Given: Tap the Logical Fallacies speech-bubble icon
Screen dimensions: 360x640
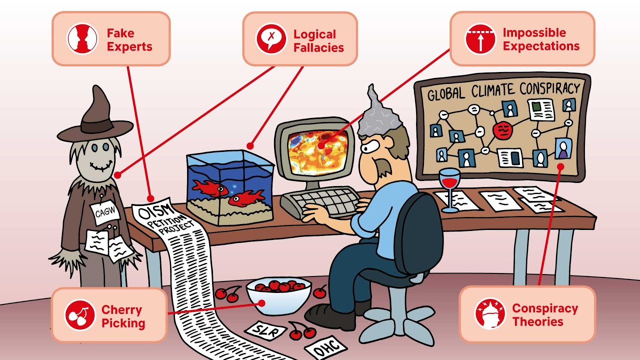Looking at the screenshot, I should [x=271, y=39].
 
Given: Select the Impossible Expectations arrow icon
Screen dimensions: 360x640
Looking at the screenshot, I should [x=480, y=39].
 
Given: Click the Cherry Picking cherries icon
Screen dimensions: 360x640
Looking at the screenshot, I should [x=79, y=314].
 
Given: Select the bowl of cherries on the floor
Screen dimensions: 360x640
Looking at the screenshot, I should [x=278, y=295].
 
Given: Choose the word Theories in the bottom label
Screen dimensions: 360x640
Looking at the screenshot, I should [x=537, y=321].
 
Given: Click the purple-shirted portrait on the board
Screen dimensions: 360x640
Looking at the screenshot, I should [x=563, y=148].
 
